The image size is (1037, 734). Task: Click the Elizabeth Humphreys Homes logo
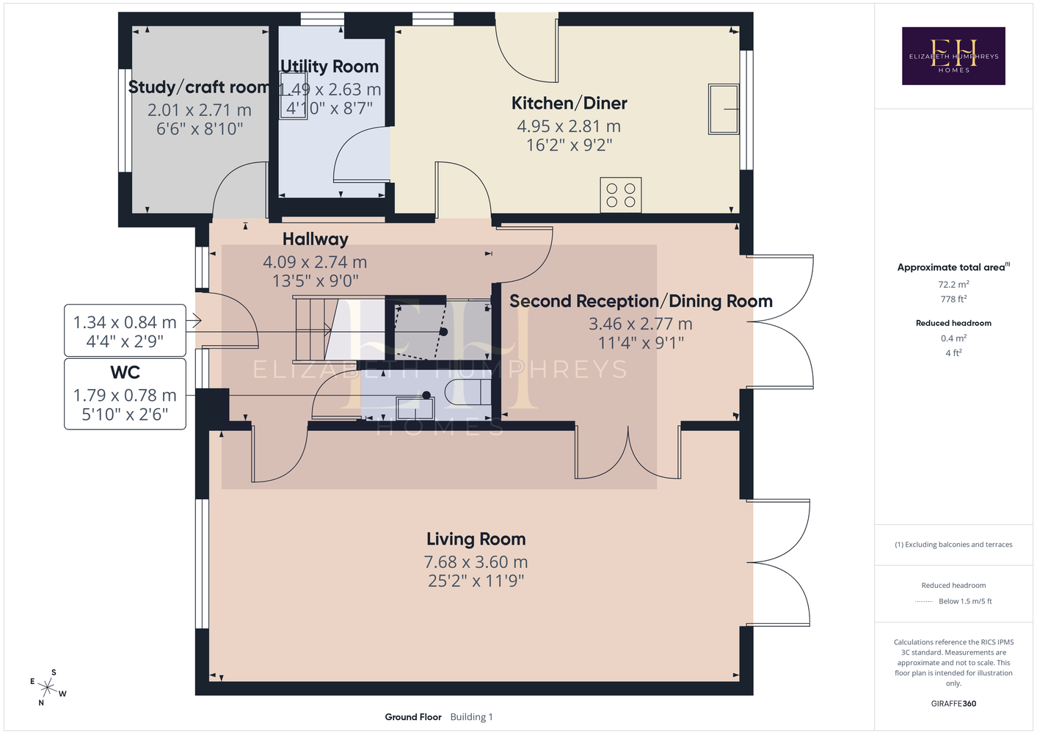(x=953, y=56)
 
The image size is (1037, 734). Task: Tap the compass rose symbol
(x=48, y=688)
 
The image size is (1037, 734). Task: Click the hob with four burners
(x=620, y=195)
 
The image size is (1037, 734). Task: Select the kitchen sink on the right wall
(x=723, y=109)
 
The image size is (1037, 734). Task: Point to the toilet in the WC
(x=467, y=392)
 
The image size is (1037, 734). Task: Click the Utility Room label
(x=330, y=66)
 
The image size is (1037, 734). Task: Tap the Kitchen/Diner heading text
(x=569, y=103)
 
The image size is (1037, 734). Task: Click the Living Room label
(x=476, y=539)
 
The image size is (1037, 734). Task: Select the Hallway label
(x=316, y=239)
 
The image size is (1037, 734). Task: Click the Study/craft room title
(x=199, y=87)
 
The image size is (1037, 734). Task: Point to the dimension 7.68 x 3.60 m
(x=476, y=562)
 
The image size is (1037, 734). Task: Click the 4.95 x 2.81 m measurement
(x=569, y=126)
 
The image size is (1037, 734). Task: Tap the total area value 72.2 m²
(x=953, y=284)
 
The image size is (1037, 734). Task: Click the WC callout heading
(x=125, y=372)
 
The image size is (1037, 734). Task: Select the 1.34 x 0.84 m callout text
(x=125, y=322)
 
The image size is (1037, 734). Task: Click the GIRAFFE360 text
(x=953, y=703)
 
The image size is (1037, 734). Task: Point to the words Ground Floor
(x=413, y=717)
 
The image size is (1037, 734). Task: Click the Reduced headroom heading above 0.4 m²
(x=953, y=323)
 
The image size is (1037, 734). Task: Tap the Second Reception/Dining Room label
(x=641, y=301)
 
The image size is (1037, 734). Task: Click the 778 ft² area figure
(x=953, y=299)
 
